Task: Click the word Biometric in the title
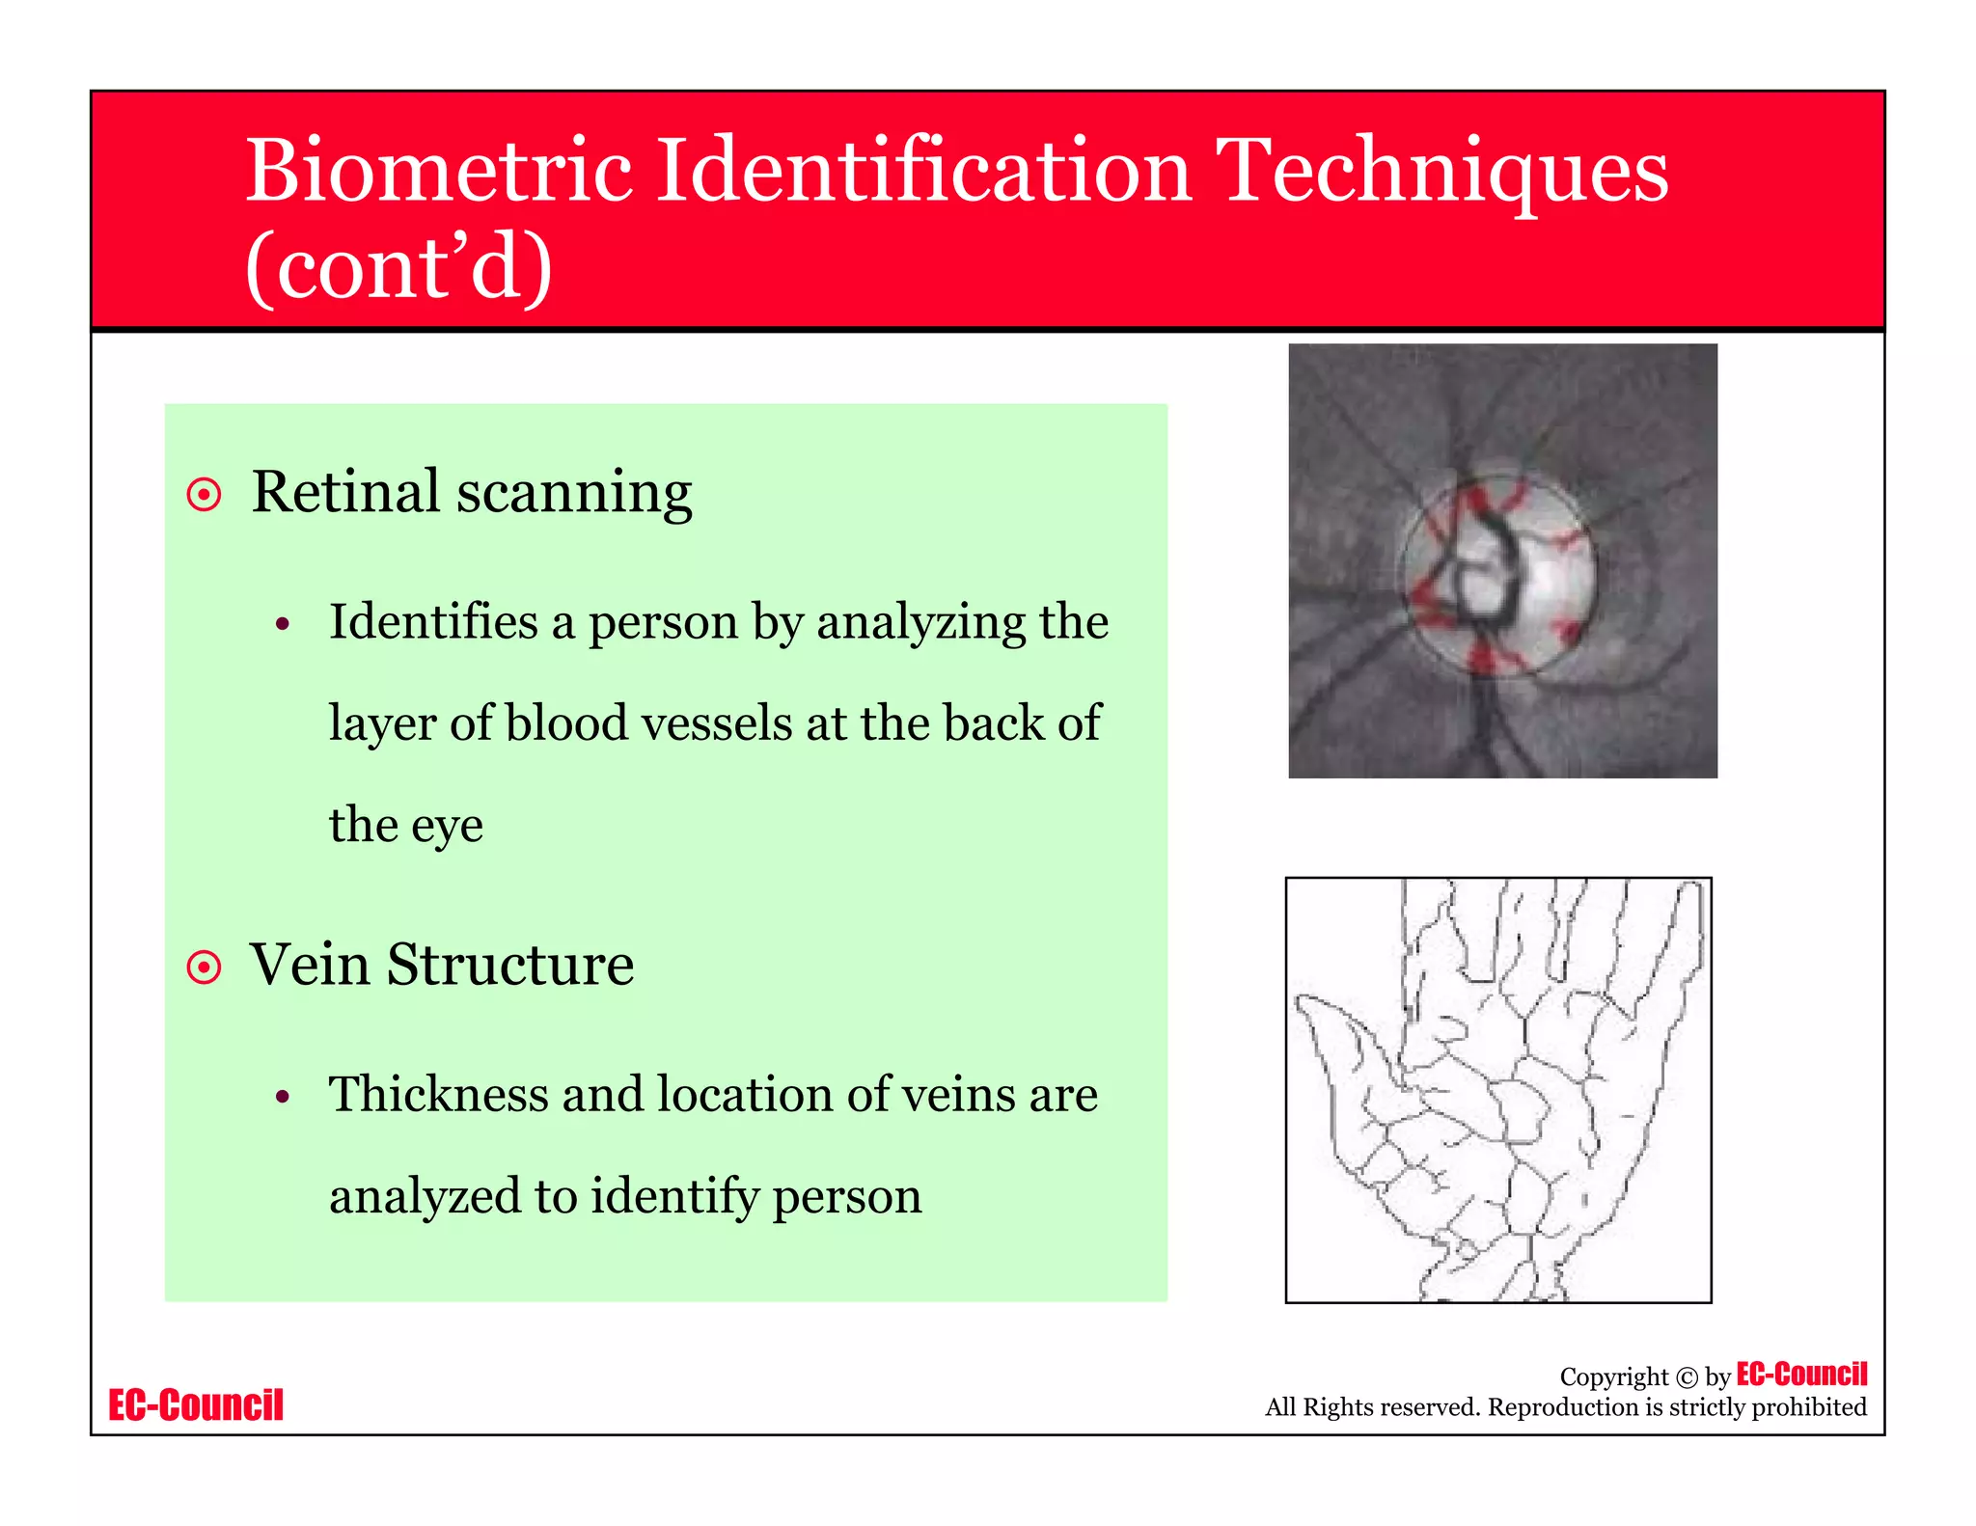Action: [x=439, y=171]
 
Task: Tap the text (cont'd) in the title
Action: [x=398, y=267]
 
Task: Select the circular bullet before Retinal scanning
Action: [x=205, y=495]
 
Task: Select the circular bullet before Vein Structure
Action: [x=205, y=967]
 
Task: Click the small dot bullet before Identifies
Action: [x=282, y=624]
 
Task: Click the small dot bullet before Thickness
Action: [x=282, y=1097]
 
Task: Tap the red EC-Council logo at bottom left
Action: [x=196, y=1405]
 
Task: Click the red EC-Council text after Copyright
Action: [x=1801, y=1374]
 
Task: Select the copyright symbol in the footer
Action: [x=1687, y=1377]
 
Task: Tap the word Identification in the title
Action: [x=923, y=171]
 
